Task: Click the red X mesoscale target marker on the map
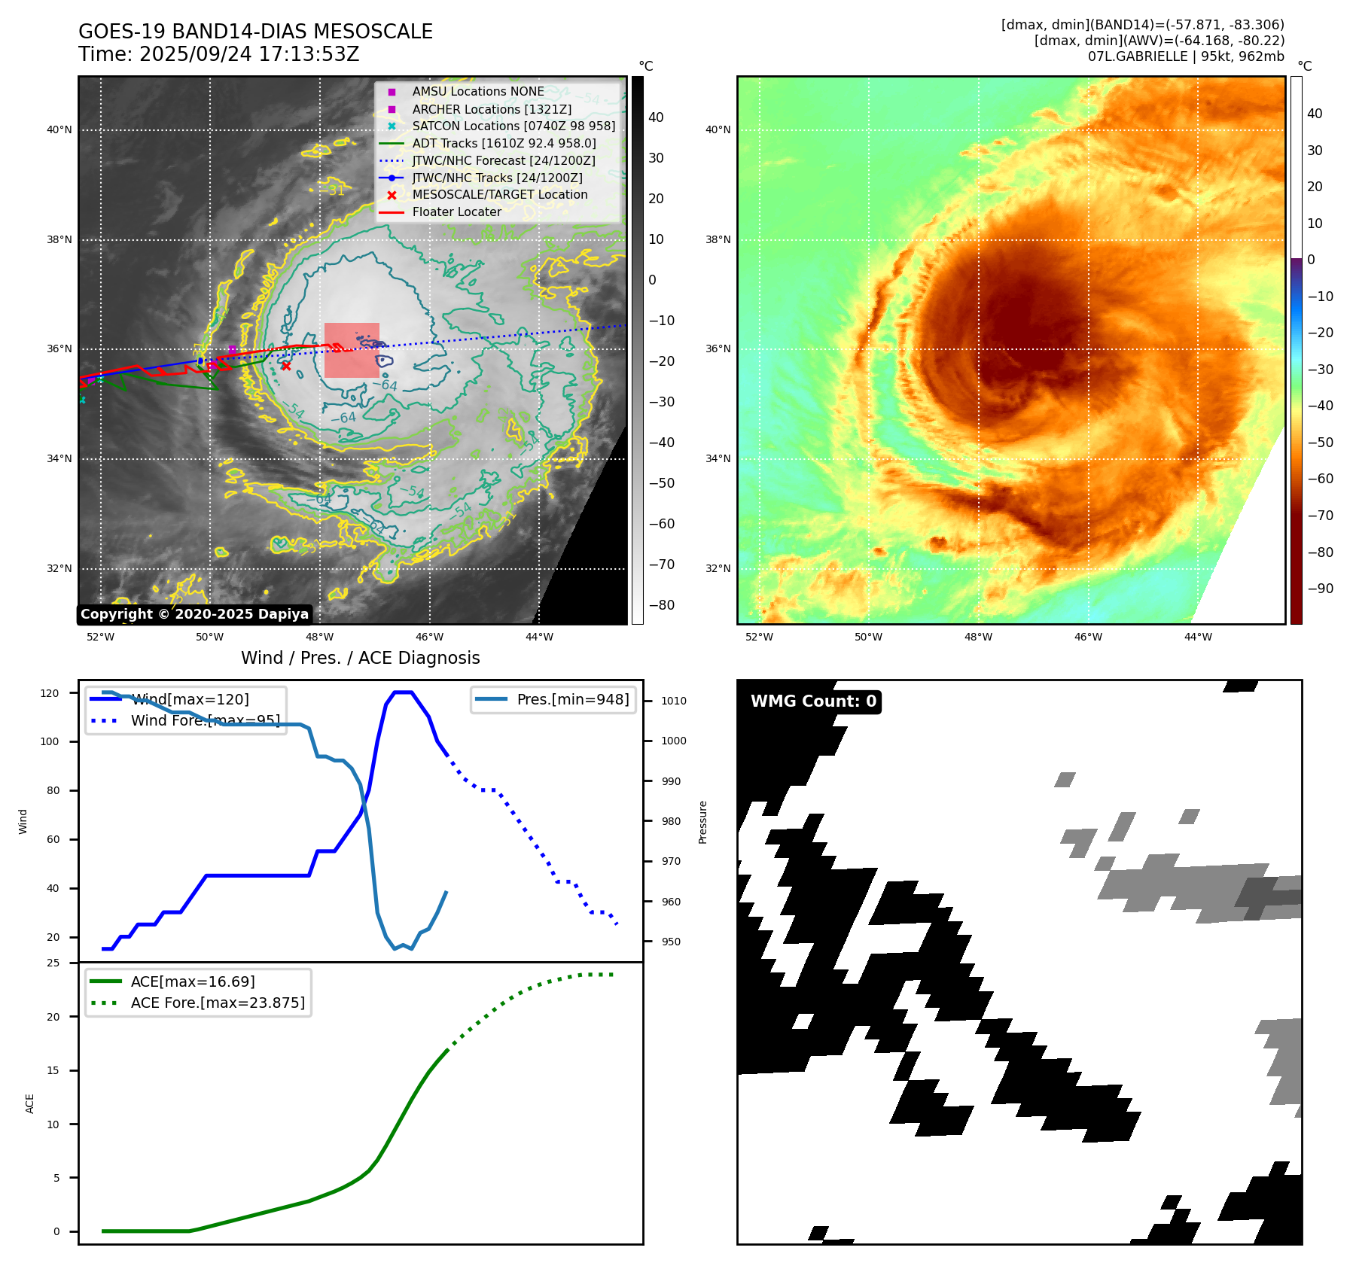(286, 366)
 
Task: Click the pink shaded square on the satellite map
(352, 350)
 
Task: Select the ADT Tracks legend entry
(504, 143)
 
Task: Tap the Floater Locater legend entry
(456, 211)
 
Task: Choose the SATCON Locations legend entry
(513, 126)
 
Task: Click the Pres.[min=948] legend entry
(572, 699)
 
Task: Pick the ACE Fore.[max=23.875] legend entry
(218, 1003)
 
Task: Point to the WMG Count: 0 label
(813, 701)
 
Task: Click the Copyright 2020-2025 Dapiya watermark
(194, 614)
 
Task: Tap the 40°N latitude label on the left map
(59, 129)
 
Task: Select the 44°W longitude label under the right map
(1198, 637)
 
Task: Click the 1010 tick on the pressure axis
(674, 701)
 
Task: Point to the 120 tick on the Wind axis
(50, 693)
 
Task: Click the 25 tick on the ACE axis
(53, 963)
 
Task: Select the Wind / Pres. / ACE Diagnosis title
(360, 658)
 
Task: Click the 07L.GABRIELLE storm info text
(1186, 56)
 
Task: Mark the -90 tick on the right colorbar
(1320, 589)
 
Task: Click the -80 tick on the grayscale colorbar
(662, 605)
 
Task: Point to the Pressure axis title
(702, 822)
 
